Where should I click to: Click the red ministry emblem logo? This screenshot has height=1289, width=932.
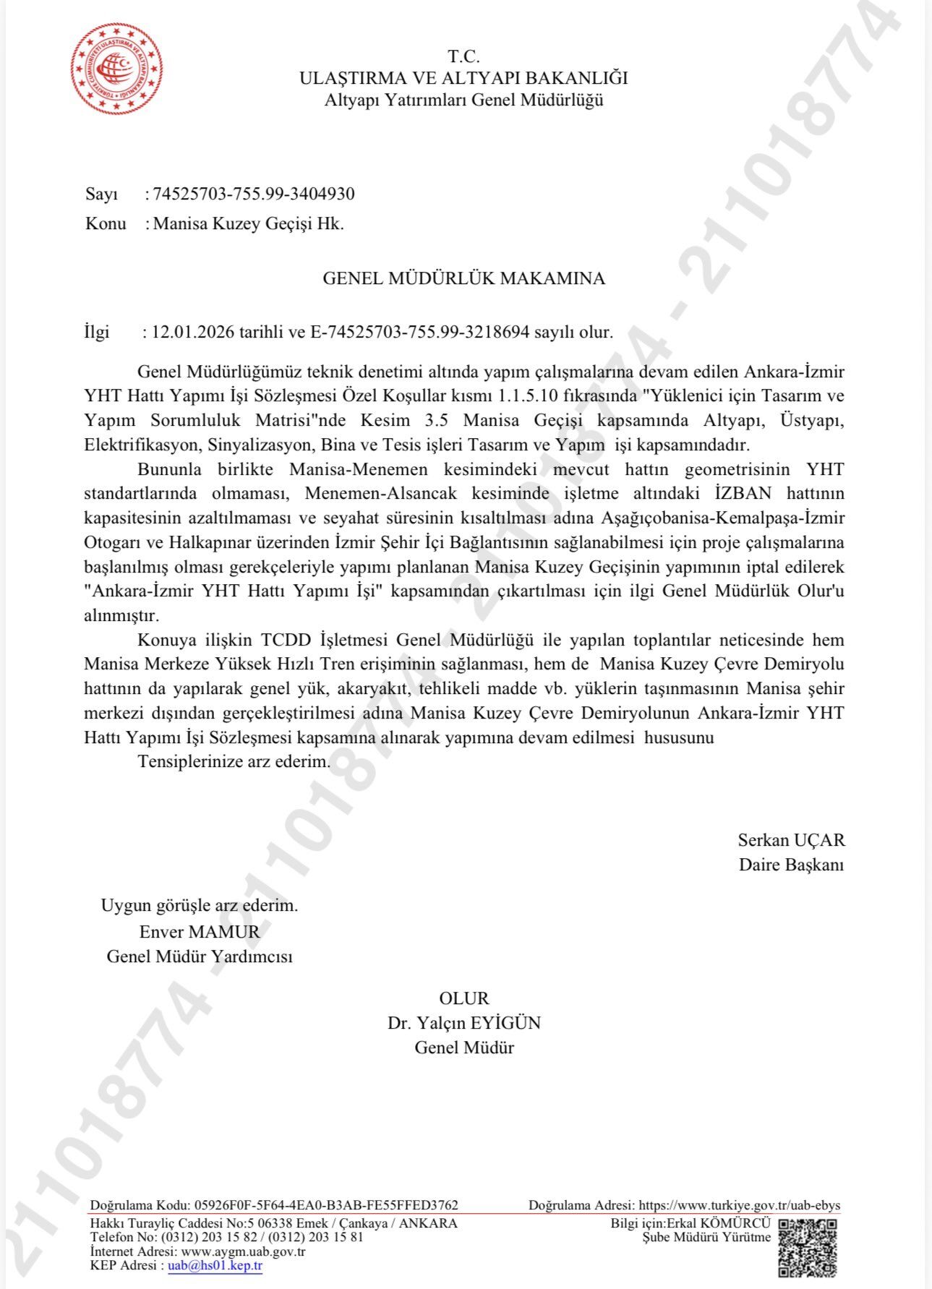tap(116, 69)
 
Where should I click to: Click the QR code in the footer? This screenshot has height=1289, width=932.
tap(808, 1246)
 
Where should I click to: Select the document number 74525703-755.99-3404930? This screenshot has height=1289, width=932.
tap(254, 194)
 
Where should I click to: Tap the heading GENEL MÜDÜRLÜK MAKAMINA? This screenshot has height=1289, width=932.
tap(463, 278)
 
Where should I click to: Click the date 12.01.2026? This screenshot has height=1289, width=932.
tap(193, 333)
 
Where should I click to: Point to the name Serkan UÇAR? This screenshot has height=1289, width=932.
tap(791, 840)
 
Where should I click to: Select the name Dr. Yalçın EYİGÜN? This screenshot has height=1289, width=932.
tap(463, 1023)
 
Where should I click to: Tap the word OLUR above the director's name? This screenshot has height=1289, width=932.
tap(463, 998)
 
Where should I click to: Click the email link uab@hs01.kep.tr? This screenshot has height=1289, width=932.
tap(215, 1265)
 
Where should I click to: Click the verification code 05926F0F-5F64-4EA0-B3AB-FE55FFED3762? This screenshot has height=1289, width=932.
tap(325, 1205)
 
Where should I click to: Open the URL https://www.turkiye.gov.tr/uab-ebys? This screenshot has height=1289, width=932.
tap(740, 1205)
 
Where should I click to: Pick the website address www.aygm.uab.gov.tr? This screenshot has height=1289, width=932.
tap(243, 1251)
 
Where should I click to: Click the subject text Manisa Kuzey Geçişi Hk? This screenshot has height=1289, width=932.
tap(249, 223)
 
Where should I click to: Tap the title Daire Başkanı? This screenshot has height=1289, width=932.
tap(791, 865)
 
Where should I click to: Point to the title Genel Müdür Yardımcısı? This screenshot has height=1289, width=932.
tap(200, 956)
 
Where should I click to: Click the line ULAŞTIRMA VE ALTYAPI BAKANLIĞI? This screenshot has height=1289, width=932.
tap(463, 78)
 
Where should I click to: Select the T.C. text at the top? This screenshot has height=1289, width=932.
tap(463, 56)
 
